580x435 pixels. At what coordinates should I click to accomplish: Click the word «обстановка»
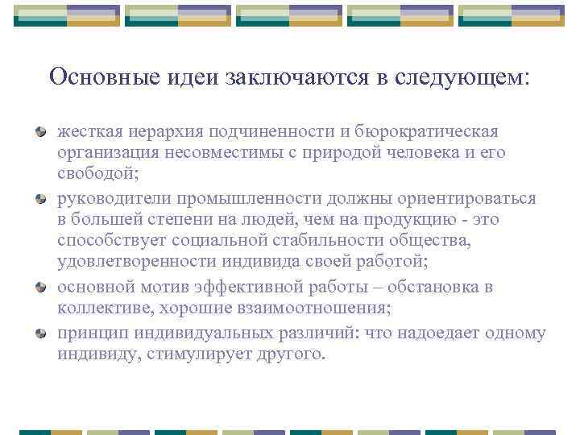pos(437,287)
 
